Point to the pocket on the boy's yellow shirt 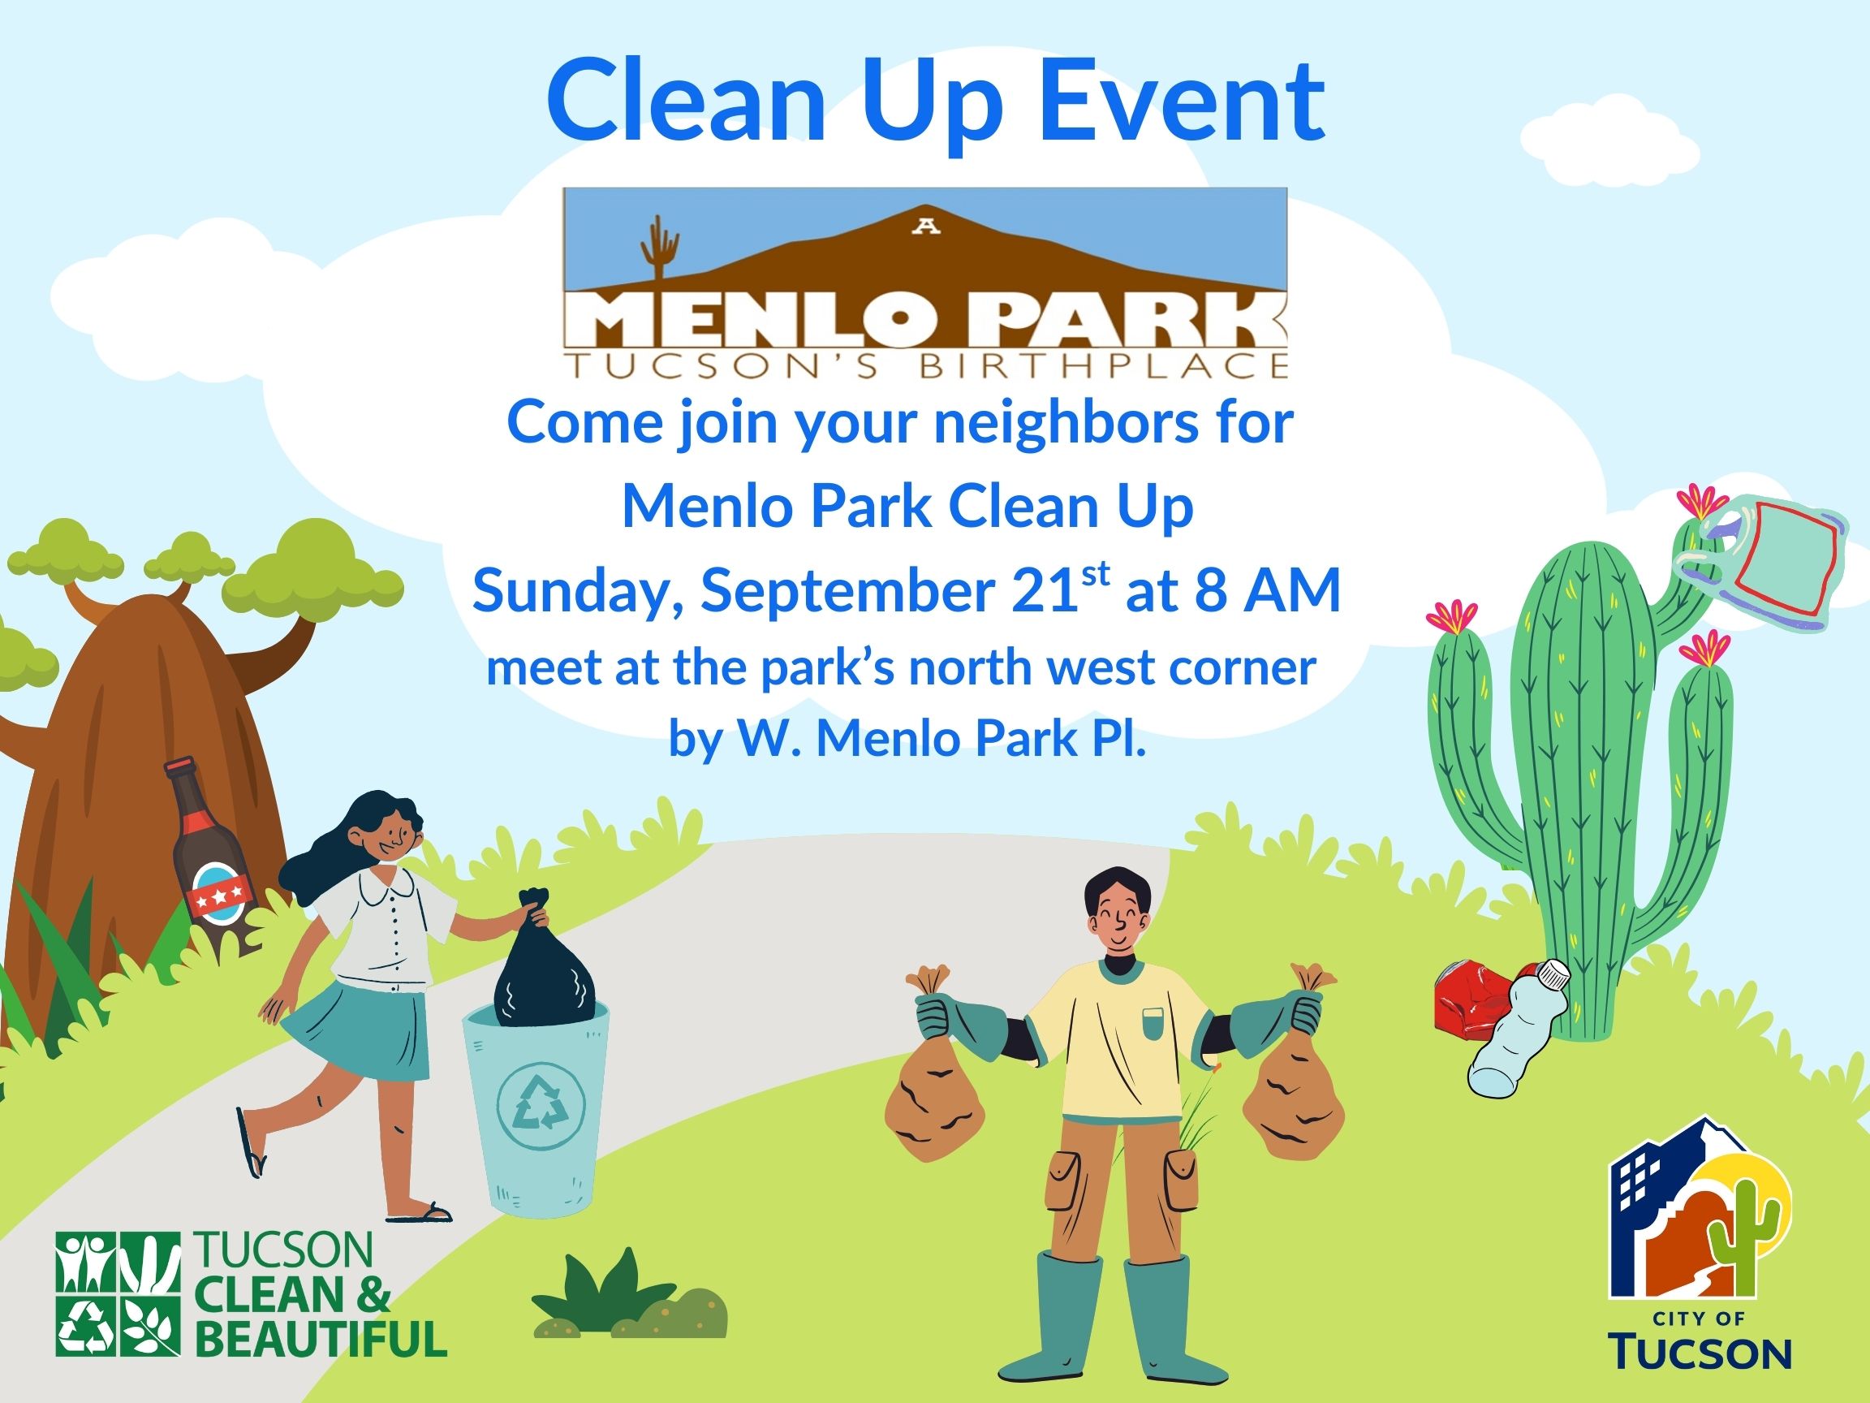tap(1152, 1024)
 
